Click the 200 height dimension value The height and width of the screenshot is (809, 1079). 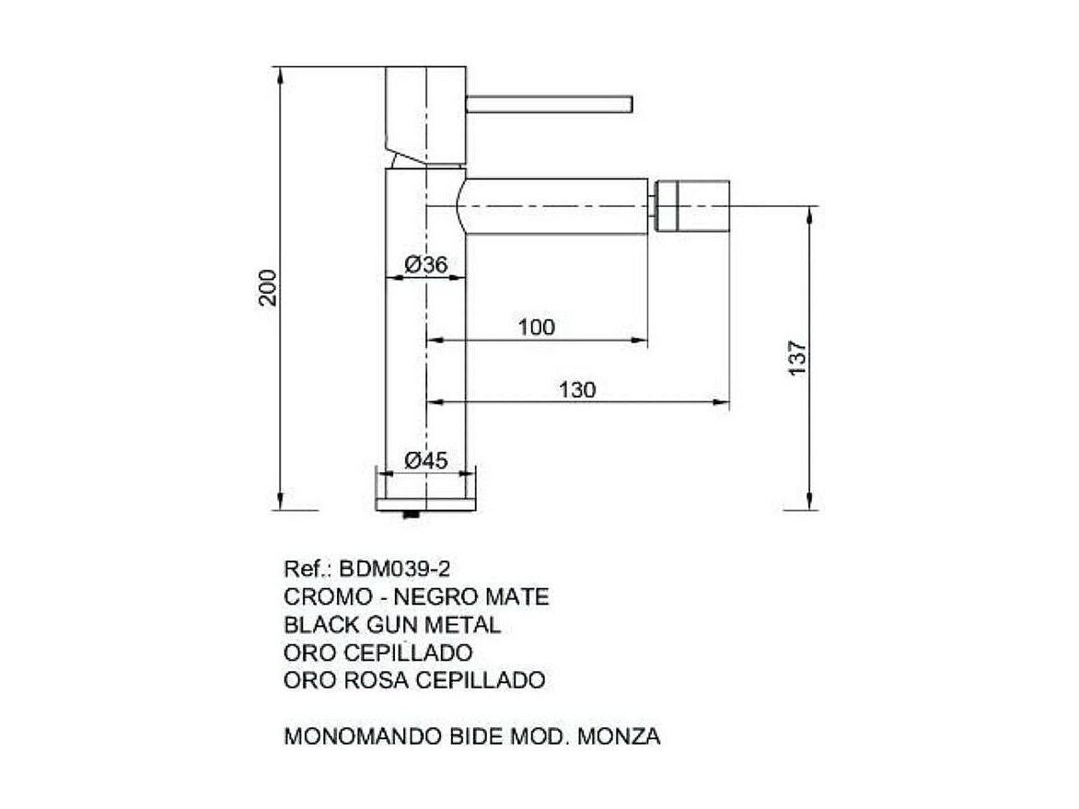[x=267, y=288]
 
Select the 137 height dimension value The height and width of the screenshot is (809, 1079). [x=797, y=357]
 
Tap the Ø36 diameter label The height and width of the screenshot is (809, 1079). [x=425, y=265]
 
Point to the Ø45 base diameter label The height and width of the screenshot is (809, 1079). [x=425, y=460]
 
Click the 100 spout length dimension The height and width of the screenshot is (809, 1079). [x=537, y=327]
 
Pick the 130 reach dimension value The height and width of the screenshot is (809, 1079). [x=577, y=389]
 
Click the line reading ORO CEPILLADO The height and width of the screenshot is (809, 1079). [x=378, y=653]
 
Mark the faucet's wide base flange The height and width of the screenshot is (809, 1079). [x=425, y=488]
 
